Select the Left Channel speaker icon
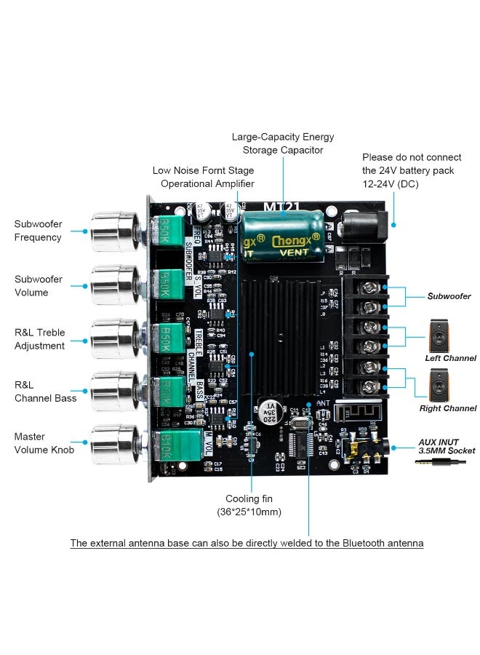point(439,335)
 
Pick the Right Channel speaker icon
point(439,385)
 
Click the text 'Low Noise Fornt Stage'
point(203,170)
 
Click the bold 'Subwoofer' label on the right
point(449,296)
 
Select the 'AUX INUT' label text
point(438,442)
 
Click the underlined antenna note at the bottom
point(247,544)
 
